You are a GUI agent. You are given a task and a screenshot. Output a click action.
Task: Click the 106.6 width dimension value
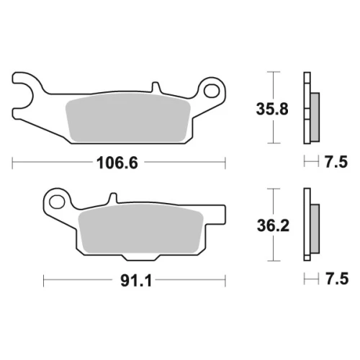point(117,163)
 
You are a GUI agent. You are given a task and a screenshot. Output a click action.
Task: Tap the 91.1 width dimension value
point(136,280)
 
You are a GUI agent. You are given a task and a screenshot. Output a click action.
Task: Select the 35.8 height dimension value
point(272,109)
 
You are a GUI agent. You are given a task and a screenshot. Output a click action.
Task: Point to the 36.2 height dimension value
point(273,225)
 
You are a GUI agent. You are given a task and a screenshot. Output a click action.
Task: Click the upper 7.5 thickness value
point(336,162)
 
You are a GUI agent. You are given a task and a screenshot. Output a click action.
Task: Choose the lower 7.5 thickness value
point(337,279)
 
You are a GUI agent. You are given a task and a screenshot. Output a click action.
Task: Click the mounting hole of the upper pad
point(212,91)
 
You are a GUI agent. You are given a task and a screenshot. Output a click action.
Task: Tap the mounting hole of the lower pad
point(57,201)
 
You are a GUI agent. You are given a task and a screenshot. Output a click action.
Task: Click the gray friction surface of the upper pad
point(128,118)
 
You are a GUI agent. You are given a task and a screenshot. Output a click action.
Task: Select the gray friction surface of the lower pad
point(141,229)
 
